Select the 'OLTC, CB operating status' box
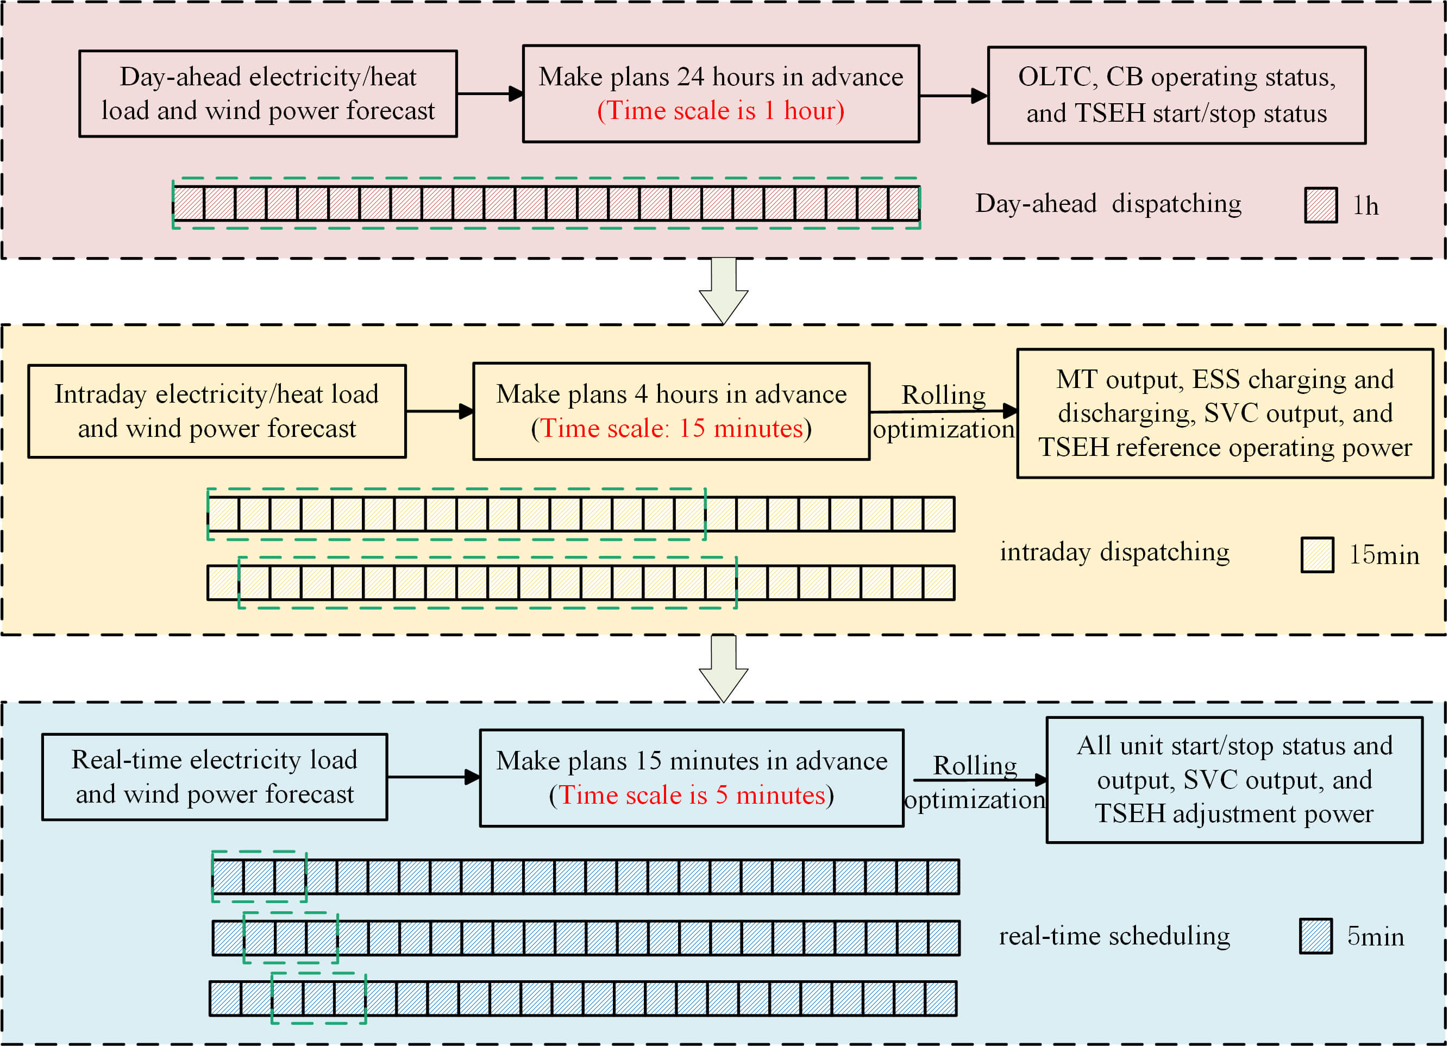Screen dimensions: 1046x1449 pos(1176,95)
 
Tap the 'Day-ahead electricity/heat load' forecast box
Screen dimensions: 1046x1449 pos(268,94)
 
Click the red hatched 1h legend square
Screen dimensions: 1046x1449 pos(1321,205)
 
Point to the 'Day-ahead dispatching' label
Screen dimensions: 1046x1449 pos(1108,204)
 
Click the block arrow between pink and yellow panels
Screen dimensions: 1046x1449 pos(723,291)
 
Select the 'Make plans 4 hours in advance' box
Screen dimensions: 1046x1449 pos(671,411)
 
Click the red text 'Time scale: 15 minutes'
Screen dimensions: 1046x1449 pos(671,429)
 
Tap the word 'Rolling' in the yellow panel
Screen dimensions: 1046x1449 pos(943,396)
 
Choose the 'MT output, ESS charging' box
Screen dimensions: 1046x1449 pos(1225,414)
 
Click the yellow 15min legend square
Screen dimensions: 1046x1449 pos(1317,555)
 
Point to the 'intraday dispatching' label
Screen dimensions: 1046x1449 pos(1114,552)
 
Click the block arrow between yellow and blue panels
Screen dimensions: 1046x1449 pos(723,668)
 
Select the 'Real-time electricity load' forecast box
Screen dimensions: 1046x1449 pos(215,776)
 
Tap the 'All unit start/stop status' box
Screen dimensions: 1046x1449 pos(1234,780)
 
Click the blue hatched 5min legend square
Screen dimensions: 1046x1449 pos(1315,936)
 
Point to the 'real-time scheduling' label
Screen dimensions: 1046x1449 pos(1114,936)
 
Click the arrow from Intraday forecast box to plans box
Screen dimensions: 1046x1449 pos(440,411)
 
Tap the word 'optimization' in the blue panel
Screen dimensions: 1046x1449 pos(974,800)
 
